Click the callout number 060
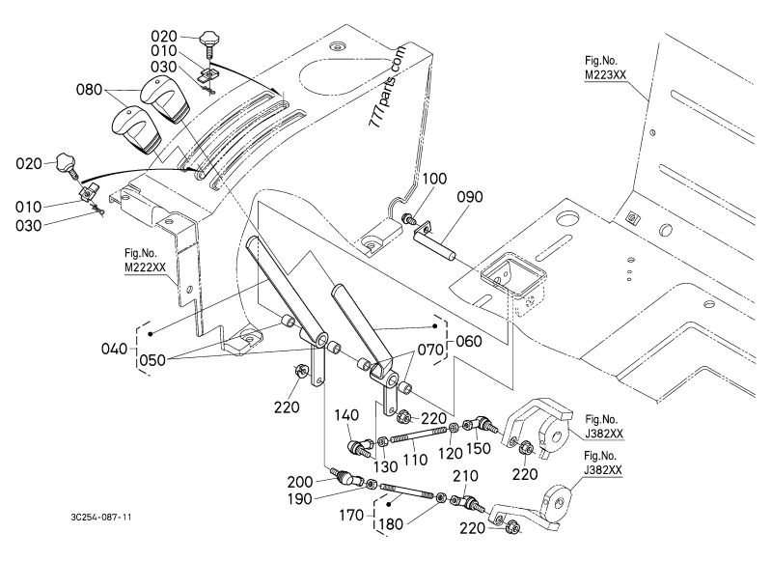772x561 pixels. pos(469,341)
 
